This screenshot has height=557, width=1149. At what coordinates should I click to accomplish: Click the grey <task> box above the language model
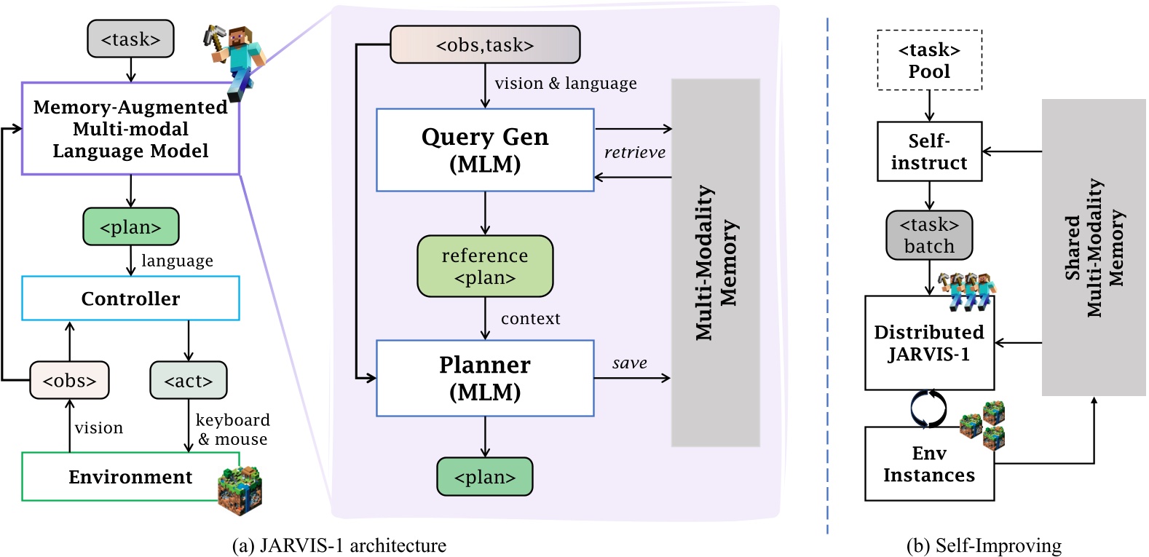tap(130, 39)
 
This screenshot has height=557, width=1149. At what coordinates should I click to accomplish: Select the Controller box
tap(130, 299)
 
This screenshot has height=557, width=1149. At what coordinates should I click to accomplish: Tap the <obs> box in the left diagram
tap(69, 380)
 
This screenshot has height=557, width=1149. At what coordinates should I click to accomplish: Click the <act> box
tap(189, 380)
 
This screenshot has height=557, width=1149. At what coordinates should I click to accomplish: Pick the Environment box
tap(130, 477)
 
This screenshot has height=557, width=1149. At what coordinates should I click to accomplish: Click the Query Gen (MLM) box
tap(485, 150)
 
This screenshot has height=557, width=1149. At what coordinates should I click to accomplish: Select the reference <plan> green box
tap(485, 266)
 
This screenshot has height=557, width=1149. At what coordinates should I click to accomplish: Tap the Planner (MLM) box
tap(485, 378)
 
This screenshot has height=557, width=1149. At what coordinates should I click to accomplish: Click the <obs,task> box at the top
tap(485, 45)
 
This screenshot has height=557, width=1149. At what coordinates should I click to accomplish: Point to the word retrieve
tap(634, 153)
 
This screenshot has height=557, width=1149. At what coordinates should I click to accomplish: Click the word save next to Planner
tap(629, 363)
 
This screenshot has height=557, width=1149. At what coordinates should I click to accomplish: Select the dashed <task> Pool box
tap(929, 60)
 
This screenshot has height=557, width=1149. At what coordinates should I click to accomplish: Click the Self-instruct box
tap(929, 151)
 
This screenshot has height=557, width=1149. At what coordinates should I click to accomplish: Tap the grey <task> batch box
tap(929, 235)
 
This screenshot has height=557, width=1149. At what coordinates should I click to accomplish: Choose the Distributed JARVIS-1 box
tap(929, 343)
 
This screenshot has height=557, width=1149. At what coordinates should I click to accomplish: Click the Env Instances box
tap(929, 464)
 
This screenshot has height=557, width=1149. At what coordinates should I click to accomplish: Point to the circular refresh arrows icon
tap(928, 408)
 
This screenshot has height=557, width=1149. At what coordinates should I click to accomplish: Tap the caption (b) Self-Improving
tap(984, 545)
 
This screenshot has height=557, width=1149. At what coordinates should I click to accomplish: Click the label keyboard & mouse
tap(232, 430)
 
